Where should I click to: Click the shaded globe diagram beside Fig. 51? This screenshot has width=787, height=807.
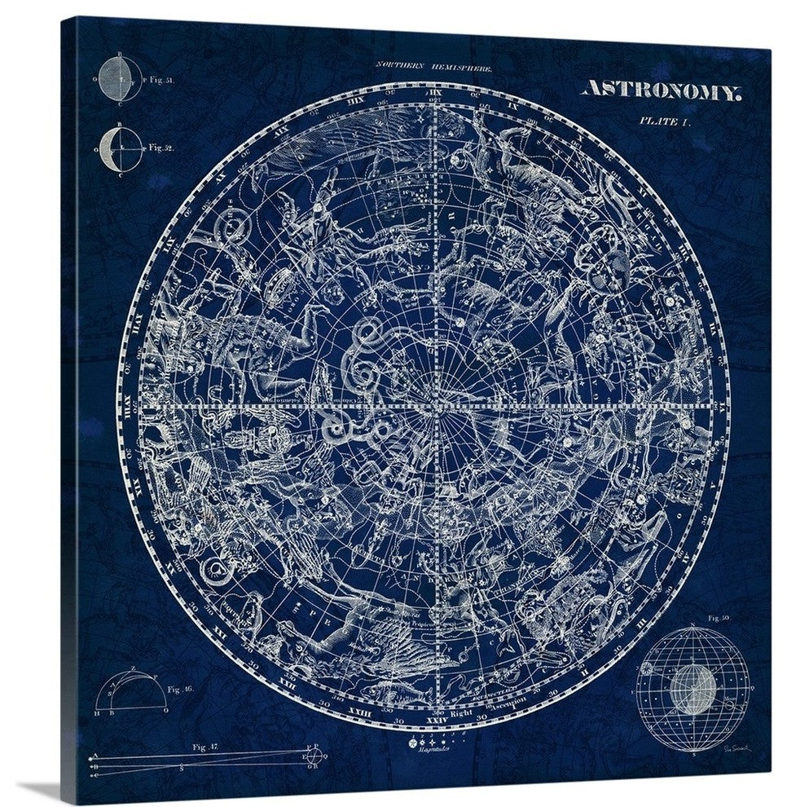pos(121,80)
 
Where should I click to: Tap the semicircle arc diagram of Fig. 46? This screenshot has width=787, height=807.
pos(130,693)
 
